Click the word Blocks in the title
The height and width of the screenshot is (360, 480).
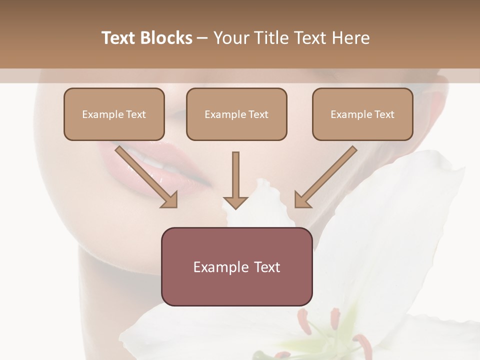coord(166,38)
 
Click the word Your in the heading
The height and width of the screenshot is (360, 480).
coord(231,38)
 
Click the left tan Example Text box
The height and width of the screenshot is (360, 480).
coord(114,114)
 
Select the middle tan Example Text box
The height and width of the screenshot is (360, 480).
coord(236,114)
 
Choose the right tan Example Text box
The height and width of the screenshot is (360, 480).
coord(362,114)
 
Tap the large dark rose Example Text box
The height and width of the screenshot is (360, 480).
coord(236,267)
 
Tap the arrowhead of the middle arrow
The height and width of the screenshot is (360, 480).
coord(235,202)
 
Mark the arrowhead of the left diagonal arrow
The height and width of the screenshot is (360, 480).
coord(170,200)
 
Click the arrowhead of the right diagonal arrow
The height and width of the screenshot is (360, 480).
coord(302,200)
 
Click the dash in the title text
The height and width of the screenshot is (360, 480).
coord(203,38)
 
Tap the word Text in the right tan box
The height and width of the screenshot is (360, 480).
coord(384,114)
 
